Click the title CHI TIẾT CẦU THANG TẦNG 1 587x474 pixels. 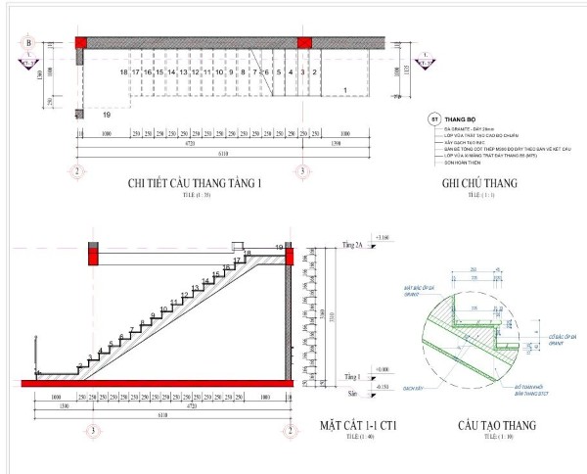pos(194,183)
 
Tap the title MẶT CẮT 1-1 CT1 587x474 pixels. pos(365,425)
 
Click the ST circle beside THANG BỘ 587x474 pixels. pos(433,118)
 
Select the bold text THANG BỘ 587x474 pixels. pos(460,118)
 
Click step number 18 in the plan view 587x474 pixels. pos(124,72)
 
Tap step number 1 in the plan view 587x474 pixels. pos(345,90)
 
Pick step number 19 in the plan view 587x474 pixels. pos(106,116)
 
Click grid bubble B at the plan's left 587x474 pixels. pos(29,43)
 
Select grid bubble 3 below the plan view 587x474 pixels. pos(304,169)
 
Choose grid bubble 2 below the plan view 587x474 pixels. pos(75,169)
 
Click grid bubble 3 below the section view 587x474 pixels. pos(91,429)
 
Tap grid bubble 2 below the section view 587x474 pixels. pos(291,429)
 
